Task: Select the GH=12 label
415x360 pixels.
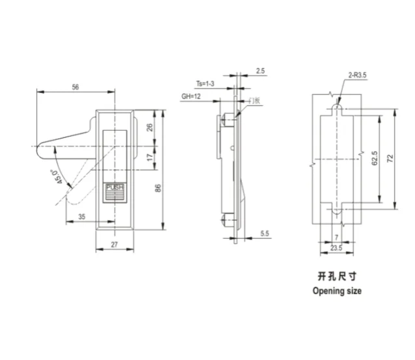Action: click(x=191, y=96)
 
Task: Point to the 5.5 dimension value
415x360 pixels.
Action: click(x=264, y=232)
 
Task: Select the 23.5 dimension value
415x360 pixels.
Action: click(x=336, y=247)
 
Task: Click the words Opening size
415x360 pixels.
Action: click(x=337, y=290)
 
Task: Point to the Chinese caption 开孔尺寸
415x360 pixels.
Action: click(x=336, y=276)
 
